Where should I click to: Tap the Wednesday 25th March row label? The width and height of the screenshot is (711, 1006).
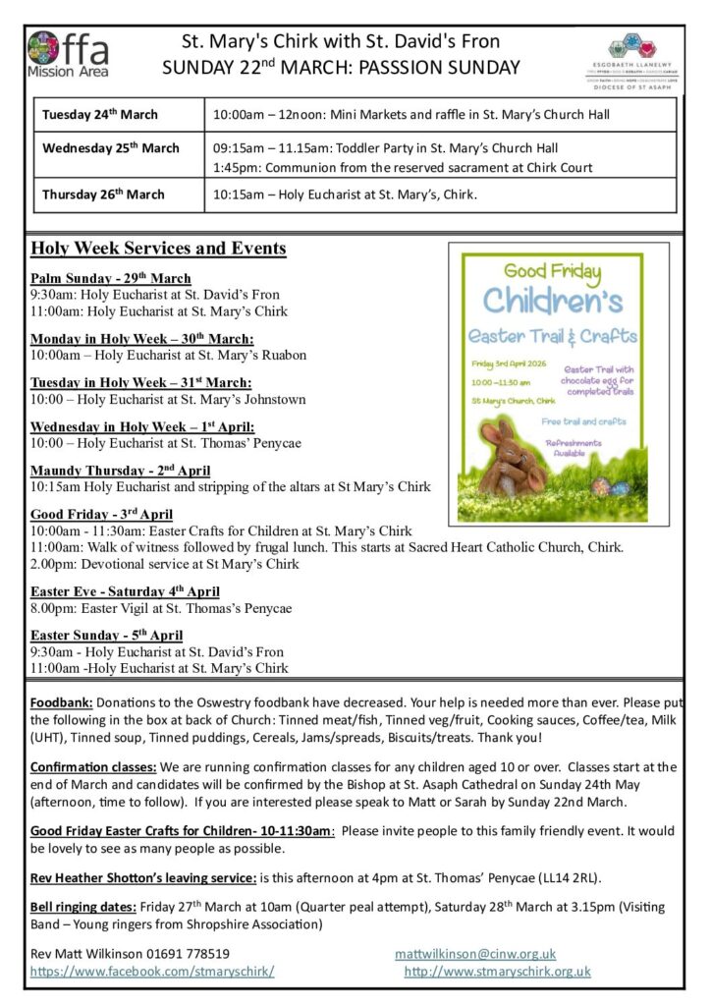click(111, 148)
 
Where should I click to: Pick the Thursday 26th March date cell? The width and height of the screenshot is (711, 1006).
click(103, 194)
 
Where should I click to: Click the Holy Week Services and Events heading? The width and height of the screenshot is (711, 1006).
click(158, 248)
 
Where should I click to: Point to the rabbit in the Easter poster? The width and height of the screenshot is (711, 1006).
click(512, 456)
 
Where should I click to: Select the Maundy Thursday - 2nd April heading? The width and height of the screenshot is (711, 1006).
click(120, 471)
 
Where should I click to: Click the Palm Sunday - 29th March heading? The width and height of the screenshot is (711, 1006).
click(110, 278)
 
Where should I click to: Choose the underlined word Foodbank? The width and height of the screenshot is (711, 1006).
click(62, 703)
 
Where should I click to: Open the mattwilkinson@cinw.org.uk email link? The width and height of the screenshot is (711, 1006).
click(475, 953)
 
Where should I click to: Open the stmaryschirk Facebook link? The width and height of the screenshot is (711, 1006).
click(152, 971)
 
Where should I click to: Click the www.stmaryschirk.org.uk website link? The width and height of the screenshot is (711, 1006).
click(498, 971)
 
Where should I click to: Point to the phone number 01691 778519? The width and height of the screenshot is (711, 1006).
click(185, 953)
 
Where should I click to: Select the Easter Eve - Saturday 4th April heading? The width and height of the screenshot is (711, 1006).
click(125, 591)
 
